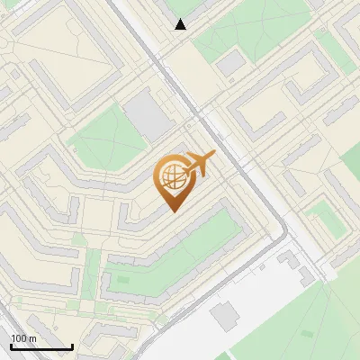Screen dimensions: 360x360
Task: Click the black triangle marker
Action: click(181, 24)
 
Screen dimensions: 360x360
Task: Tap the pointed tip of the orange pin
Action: click(174, 210)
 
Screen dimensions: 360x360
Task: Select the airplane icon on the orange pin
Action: click(200, 164)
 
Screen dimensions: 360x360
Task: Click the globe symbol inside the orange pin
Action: click(174, 178)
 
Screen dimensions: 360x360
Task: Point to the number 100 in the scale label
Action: click(19, 338)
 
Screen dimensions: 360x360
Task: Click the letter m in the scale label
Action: click(32, 338)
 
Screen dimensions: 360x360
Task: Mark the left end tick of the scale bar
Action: click(11, 346)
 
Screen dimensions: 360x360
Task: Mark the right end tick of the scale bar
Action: click(72, 346)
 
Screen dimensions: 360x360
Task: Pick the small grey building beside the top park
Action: click(231, 62)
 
